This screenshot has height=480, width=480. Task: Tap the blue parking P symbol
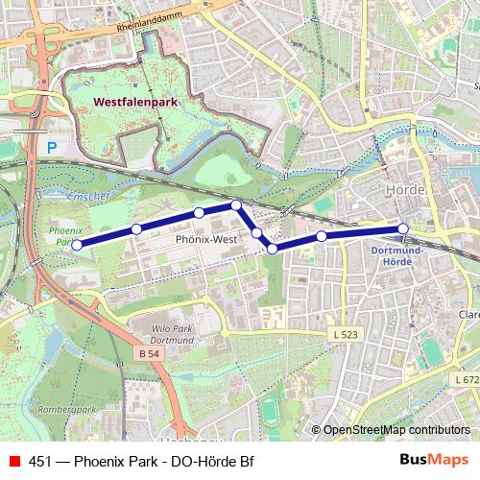[x=52, y=148]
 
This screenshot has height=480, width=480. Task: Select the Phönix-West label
[x=205, y=239]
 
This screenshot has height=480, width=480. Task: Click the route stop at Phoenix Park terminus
[x=77, y=245]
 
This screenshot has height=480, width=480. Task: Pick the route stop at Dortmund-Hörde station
[x=403, y=228]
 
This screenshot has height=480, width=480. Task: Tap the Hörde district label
[x=403, y=191]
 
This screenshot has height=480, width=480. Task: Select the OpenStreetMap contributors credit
[x=395, y=431]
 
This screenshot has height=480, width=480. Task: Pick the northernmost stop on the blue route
[x=235, y=204]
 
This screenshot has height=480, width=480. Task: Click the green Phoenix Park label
[x=64, y=237]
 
